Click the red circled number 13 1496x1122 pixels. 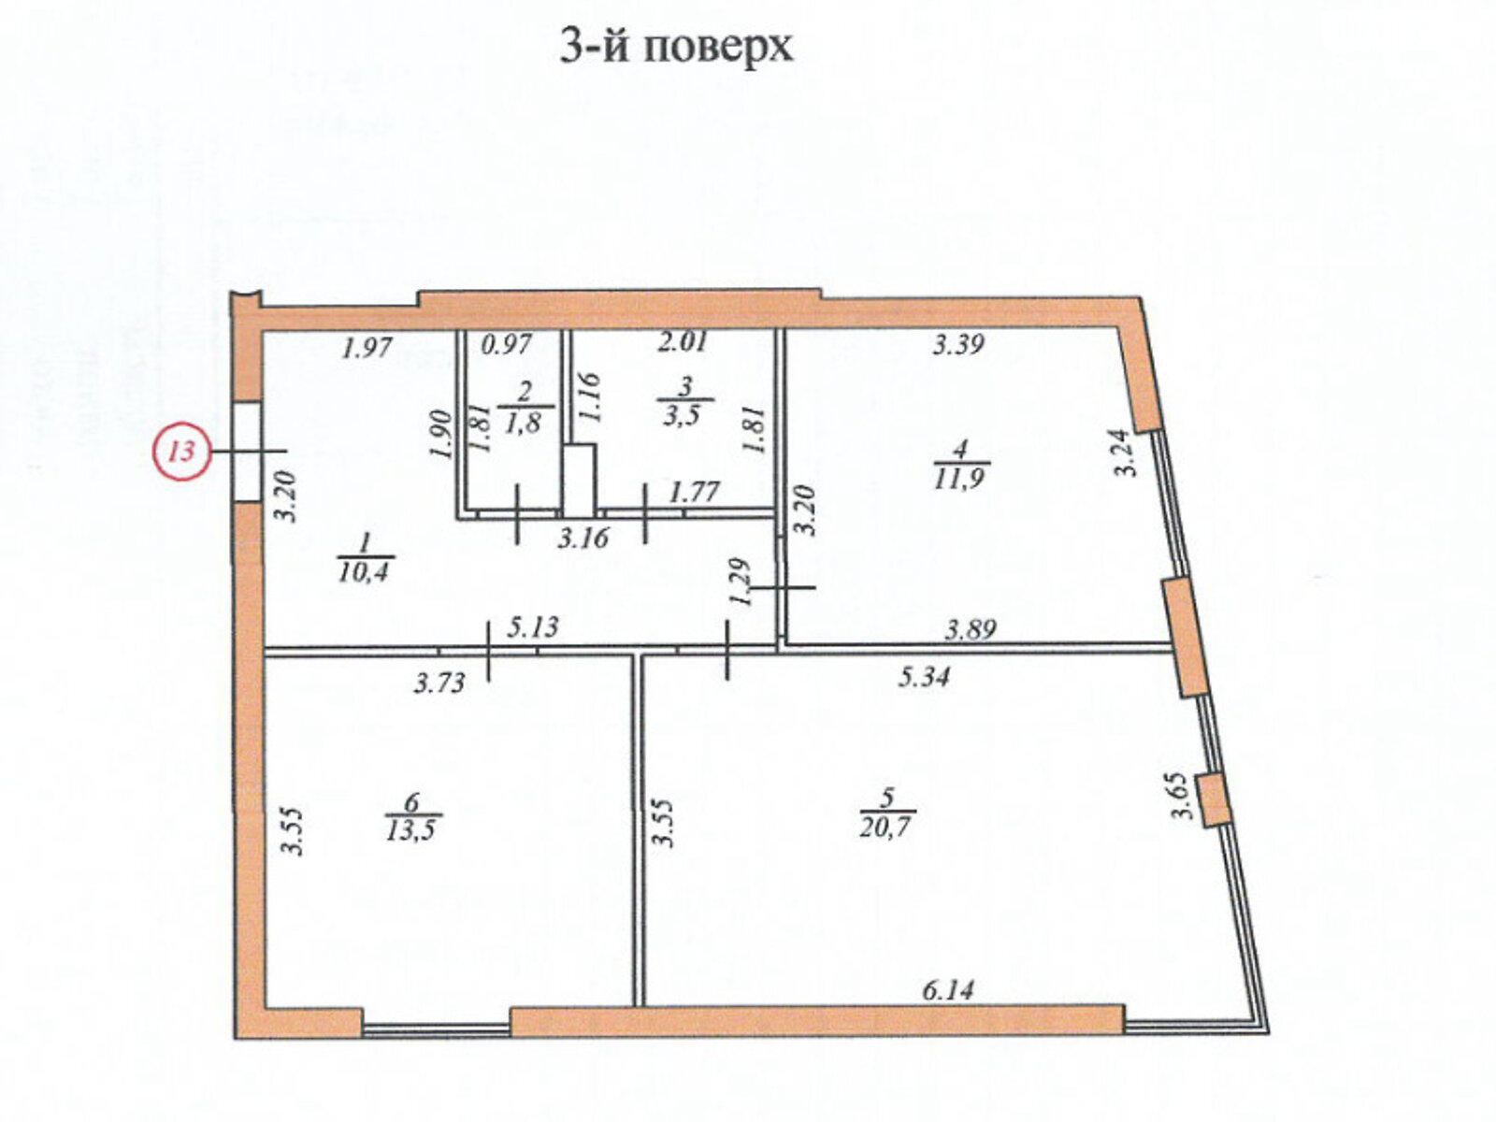click(x=181, y=451)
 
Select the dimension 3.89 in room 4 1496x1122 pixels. click(x=970, y=630)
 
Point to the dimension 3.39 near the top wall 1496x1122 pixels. click(x=958, y=345)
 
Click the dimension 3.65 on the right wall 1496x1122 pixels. click(x=1185, y=796)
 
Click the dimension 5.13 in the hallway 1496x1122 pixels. click(x=533, y=626)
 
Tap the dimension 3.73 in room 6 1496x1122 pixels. click(x=439, y=683)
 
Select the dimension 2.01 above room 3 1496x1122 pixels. click(x=683, y=343)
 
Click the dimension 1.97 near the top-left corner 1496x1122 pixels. click(x=366, y=350)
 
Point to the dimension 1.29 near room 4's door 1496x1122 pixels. click(x=743, y=583)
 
